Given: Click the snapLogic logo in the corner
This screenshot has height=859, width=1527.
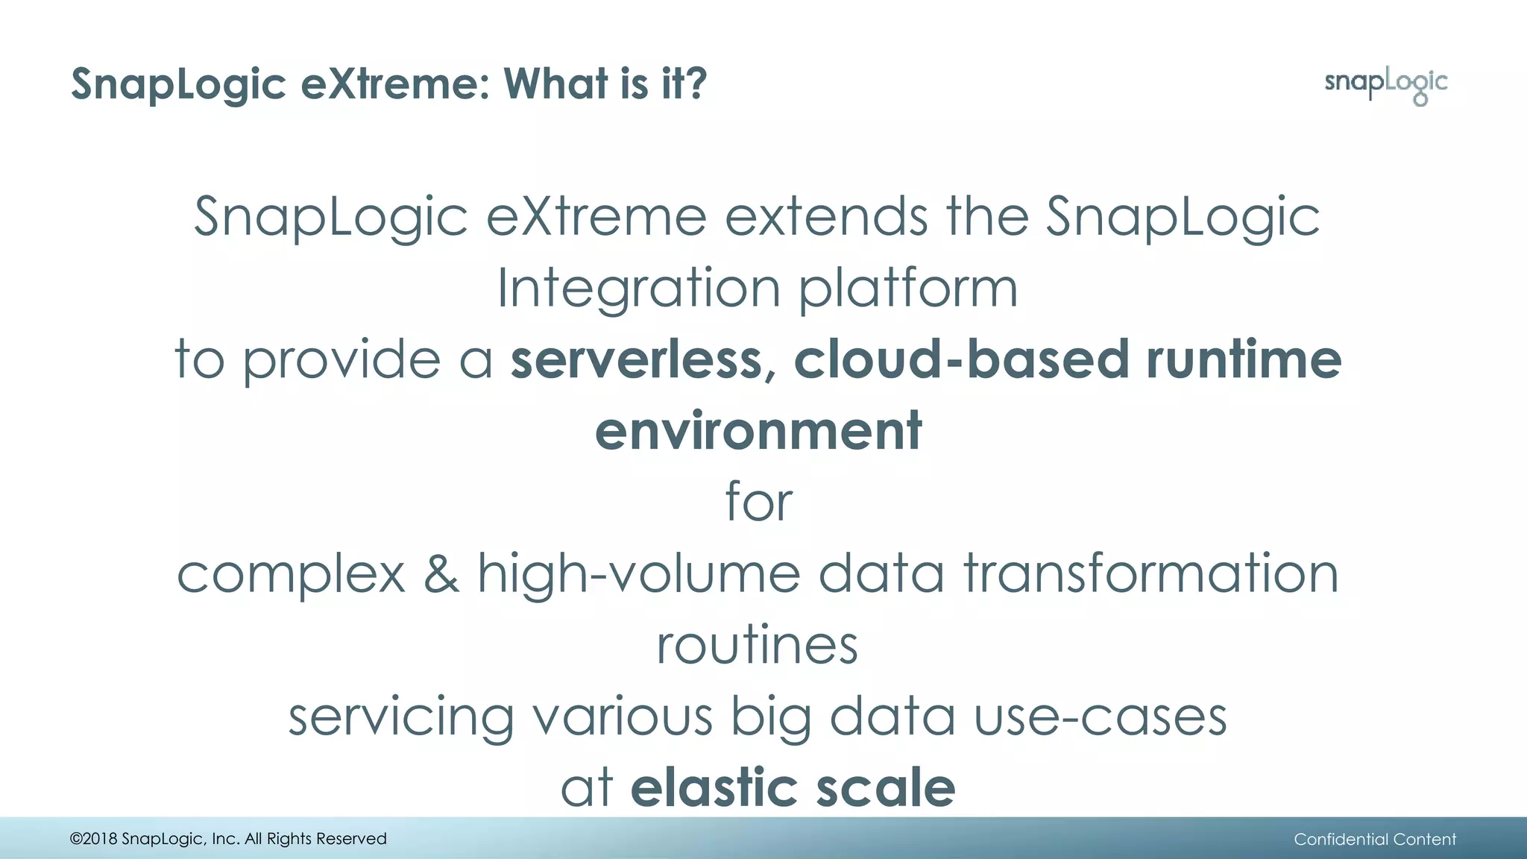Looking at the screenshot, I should point(1385,84).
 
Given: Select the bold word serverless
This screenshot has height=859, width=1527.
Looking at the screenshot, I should point(636,359).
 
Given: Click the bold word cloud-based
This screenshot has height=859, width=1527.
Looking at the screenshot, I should point(961,359).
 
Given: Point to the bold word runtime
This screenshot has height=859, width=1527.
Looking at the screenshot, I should point(1244,359).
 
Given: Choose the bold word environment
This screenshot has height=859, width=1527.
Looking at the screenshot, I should point(758,431).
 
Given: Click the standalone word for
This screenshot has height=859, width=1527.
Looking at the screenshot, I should point(758,501).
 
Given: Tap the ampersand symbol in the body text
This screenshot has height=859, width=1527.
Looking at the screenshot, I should point(441,574).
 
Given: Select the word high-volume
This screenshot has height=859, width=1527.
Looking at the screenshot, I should point(638,574).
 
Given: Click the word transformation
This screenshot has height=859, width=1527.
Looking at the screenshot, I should point(1151,574).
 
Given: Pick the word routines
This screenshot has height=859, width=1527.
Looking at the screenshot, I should point(757,645).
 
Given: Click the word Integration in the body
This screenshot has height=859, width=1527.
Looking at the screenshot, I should point(638,289).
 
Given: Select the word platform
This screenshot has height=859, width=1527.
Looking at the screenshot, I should point(907,289).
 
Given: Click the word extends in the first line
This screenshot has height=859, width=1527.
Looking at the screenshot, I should point(826,217).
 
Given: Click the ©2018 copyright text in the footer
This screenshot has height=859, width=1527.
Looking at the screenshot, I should point(228,839).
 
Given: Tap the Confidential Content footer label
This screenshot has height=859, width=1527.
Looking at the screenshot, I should point(1374,840).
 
